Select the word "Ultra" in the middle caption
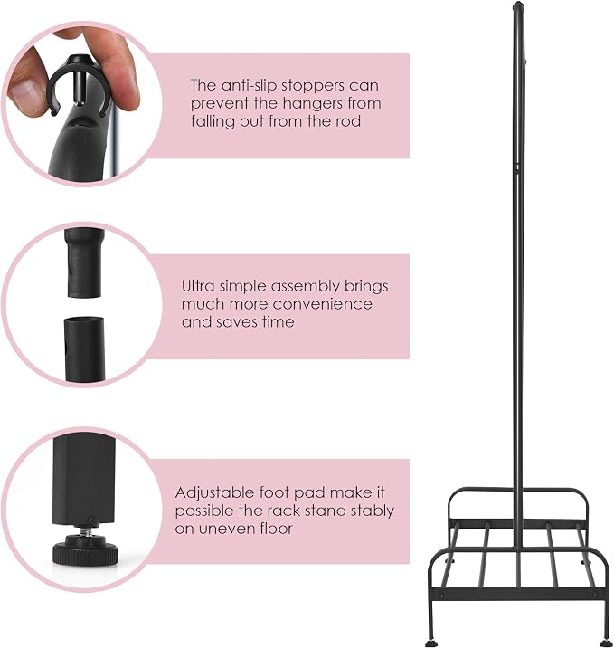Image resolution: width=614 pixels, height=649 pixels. (198, 286)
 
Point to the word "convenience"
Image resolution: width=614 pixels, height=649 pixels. (323, 304)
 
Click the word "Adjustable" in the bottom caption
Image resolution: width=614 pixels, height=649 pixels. (214, 493)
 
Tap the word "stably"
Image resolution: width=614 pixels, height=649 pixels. (373, 511)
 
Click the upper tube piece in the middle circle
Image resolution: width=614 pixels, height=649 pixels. (84, 262)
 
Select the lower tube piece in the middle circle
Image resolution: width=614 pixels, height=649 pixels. (84, 349)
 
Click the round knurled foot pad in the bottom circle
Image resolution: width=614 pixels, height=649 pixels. (86, 552)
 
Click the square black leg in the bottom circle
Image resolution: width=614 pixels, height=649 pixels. (83, 480)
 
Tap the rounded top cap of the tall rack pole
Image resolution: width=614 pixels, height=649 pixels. (518, 6)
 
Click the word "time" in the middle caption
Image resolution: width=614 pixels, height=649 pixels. (278, 322)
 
